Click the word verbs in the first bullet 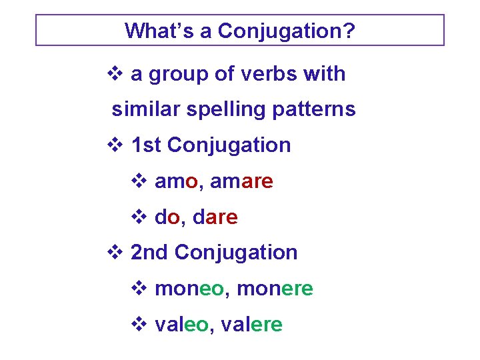265,73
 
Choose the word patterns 315,109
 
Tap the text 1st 146,145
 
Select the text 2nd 150,252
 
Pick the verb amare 241,181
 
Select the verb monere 275,289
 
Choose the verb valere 252,325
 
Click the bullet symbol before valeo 138,325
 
